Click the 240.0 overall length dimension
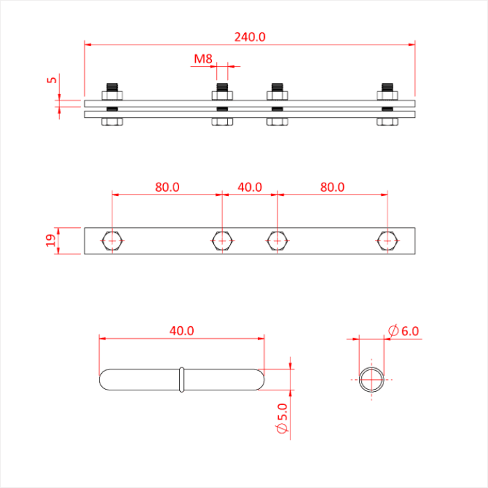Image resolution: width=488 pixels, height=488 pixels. (x=250, y=37)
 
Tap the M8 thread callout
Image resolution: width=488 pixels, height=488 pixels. (x=203, y=59)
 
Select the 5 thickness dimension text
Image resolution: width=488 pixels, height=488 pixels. (x=51, y=79)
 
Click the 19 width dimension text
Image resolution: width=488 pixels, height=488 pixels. (x=51, y=241)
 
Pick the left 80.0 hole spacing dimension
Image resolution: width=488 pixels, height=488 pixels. (x=167, y=187)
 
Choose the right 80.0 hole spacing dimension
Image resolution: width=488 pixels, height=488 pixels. (x=332, y=187)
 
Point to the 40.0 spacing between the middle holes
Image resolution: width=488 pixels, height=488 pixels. (x=250, y=187)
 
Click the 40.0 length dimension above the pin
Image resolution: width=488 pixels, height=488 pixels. (x=181, y=331)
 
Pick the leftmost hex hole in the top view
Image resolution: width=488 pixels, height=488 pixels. (x=112, y=241)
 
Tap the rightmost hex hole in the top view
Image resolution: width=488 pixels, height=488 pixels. (x=387, y=241)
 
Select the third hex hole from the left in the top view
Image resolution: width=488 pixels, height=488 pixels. (x=277, y=241)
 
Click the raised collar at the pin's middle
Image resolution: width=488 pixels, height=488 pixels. (x=181, y=379)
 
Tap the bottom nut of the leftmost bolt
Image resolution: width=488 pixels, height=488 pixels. (x=112, y=122)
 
